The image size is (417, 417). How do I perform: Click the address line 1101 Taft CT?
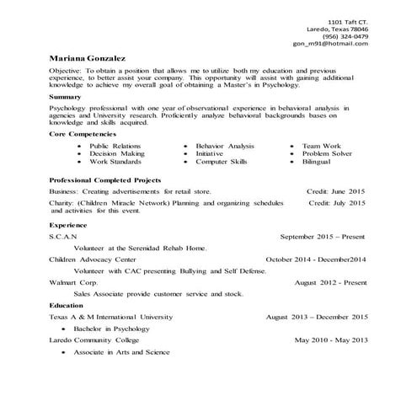point(347,20)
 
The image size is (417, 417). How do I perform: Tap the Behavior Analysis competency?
point(224,146)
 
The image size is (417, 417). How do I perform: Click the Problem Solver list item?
point(334,153)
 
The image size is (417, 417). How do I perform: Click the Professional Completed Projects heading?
point(105,180)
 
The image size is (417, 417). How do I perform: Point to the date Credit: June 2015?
point(337,191)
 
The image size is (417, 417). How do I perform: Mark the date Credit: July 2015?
point(337,203)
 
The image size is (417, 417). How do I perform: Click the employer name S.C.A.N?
point(63,238)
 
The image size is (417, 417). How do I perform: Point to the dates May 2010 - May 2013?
point(331,339)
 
